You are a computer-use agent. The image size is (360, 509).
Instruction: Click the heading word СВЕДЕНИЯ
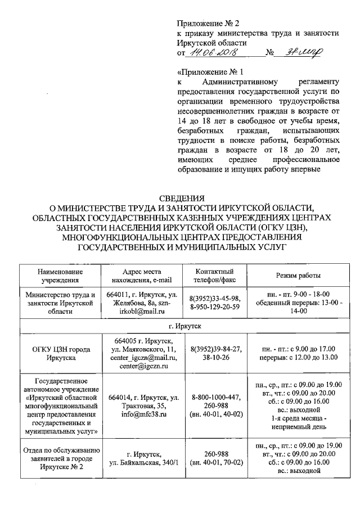click(x=181, y=198)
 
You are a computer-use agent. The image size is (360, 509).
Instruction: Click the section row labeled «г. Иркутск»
click(x=181, y=326)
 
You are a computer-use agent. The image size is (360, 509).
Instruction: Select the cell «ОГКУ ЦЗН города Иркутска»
click(x=61, y=353)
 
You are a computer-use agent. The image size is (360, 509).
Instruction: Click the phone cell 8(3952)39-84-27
click(x=215, y=349)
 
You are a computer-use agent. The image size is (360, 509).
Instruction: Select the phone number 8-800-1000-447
click(x=215, y=397)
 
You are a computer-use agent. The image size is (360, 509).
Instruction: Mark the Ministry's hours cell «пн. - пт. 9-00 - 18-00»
click(x=298, y=294)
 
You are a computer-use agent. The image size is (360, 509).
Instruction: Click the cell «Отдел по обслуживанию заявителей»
click(x=61, y=458)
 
